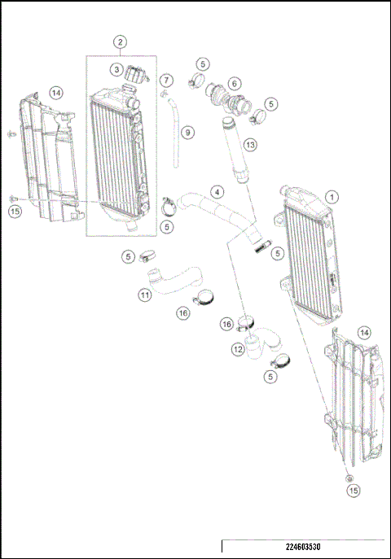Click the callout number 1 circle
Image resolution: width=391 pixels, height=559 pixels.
(332, 197)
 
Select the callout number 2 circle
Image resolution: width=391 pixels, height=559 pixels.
(120, 41)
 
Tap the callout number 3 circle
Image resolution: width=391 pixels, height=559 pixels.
(117, 70)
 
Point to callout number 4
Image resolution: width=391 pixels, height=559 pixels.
(217, 192)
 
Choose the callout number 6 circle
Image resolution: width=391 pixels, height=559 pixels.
(234, 83)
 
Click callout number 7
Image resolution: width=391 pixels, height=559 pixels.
(166, 81)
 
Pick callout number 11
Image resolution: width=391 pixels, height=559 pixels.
(144, 295)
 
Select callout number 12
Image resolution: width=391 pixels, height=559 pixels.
(238, 349)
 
